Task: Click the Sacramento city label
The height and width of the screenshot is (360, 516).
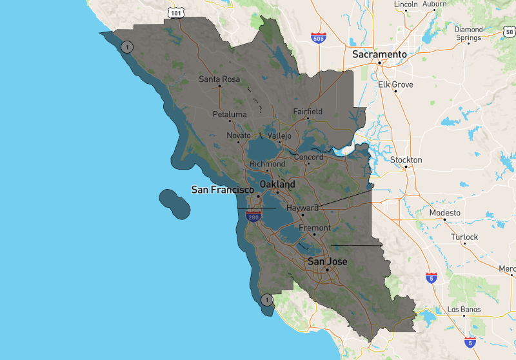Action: pyautogui.click(x=379, y=55)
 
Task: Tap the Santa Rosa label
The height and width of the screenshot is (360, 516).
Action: pyautogui.click(x=219, y=79)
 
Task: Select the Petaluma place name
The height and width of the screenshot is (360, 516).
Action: pyautogui.click(x=230, y=114)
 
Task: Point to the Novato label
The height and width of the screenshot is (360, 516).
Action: pyautogui.click(x=238, y=135)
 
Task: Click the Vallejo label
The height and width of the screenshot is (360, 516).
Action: pyautogui.click(x=279, y=136)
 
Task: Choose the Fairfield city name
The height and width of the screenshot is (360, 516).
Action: pyautogui.click(x=308, y=112)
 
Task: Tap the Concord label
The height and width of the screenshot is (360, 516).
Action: pyautogui.click(x=308, y=157)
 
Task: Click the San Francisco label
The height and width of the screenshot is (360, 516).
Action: pyautogui.click(x=223, y=190)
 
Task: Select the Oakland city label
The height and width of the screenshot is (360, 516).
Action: pyautogui.click(x=277, y=185)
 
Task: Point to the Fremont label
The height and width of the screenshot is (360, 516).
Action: pyautogui.click(x=315, y=228)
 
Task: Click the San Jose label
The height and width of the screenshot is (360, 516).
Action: pyautogui.click(x=327, y=261)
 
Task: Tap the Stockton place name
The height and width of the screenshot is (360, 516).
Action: pyautogui.click(x=406, y=159)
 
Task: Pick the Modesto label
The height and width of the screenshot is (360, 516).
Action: pyautogui.click(x=445, y=212)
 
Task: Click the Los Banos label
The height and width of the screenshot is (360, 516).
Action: pyautogui.click(x=464, y=310)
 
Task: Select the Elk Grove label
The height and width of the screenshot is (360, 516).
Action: pyautogui.click(x=395, y=85)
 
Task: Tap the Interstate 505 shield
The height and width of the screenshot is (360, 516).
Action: pyautogui.click(x=317, y=38)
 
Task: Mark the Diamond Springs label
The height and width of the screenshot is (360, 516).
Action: pyautogui.click(x=468, y=34)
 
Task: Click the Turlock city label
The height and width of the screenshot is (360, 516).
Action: pyautogui.click(x=464, y=237)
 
